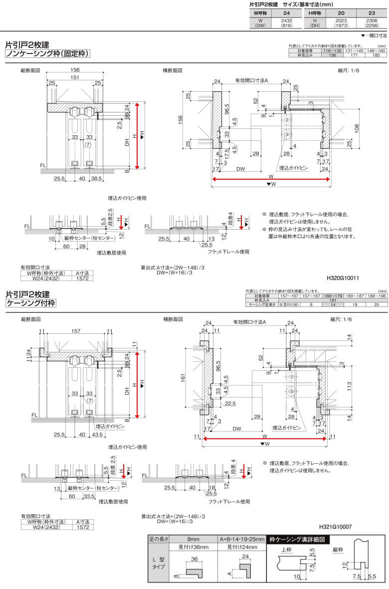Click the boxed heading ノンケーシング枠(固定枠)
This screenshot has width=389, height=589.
pyautogui.click(x=47, y=54)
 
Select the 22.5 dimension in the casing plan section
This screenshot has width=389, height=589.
pyautogui.click(x=230, y=403)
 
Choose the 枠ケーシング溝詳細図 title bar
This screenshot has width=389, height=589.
pyautogui.click(x=297, y=540)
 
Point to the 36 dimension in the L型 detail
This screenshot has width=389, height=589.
pyautogui.click(x=195, y=559)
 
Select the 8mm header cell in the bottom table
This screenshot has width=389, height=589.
pyautogui.click(x=190, y=540)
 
